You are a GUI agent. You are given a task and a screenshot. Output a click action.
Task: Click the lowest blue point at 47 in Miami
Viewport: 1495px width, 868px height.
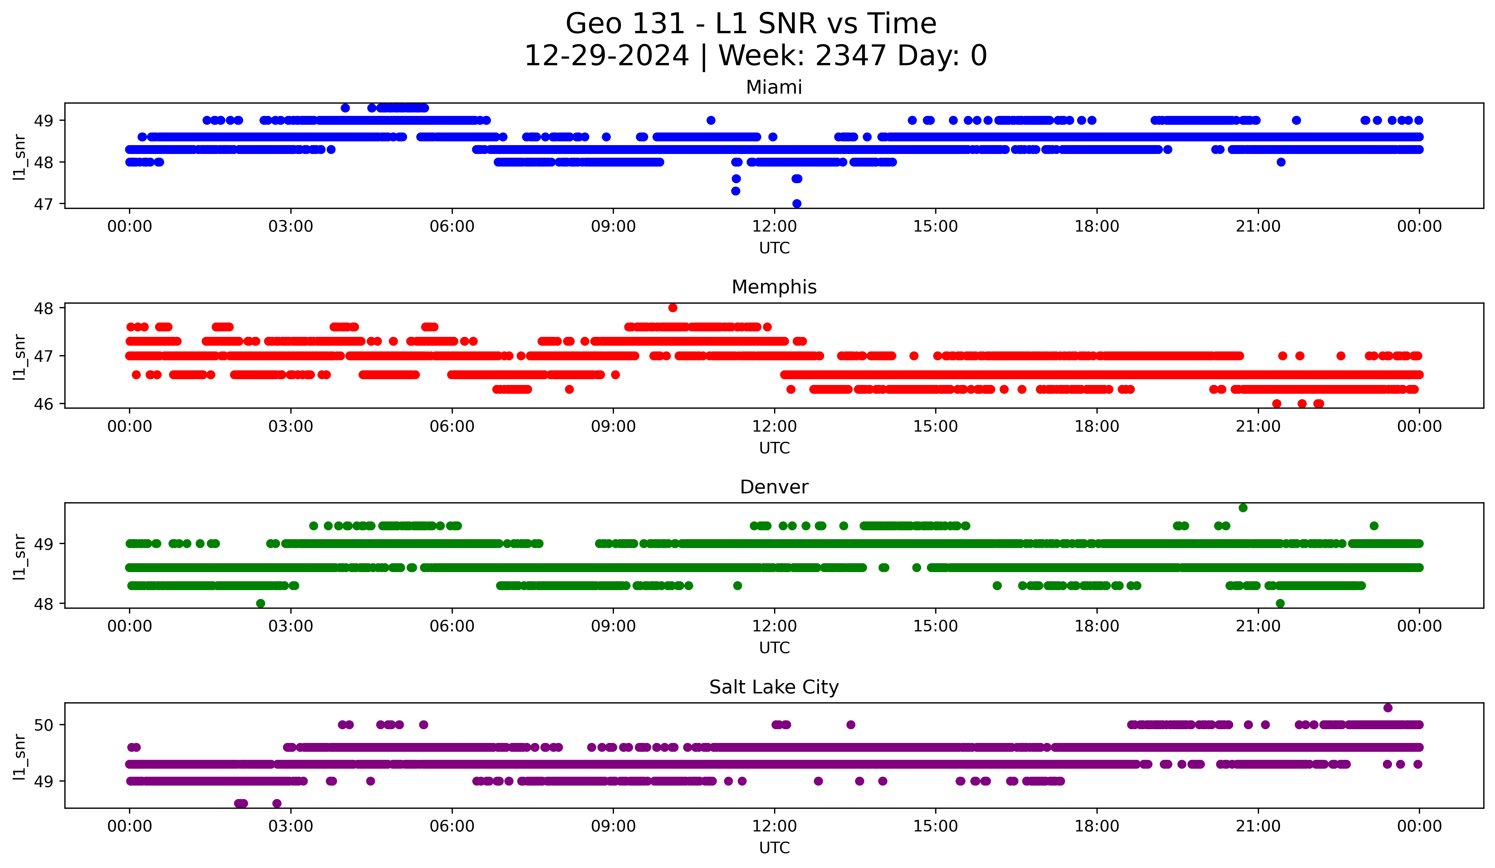[797, 203]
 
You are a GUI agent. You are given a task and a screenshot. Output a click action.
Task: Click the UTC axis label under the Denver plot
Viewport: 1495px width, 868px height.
[774, 648]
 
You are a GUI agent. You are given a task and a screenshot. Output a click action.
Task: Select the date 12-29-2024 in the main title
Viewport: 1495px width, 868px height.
[606, 56]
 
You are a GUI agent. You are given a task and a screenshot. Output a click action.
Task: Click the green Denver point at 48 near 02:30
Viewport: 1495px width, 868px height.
[260, 603]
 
